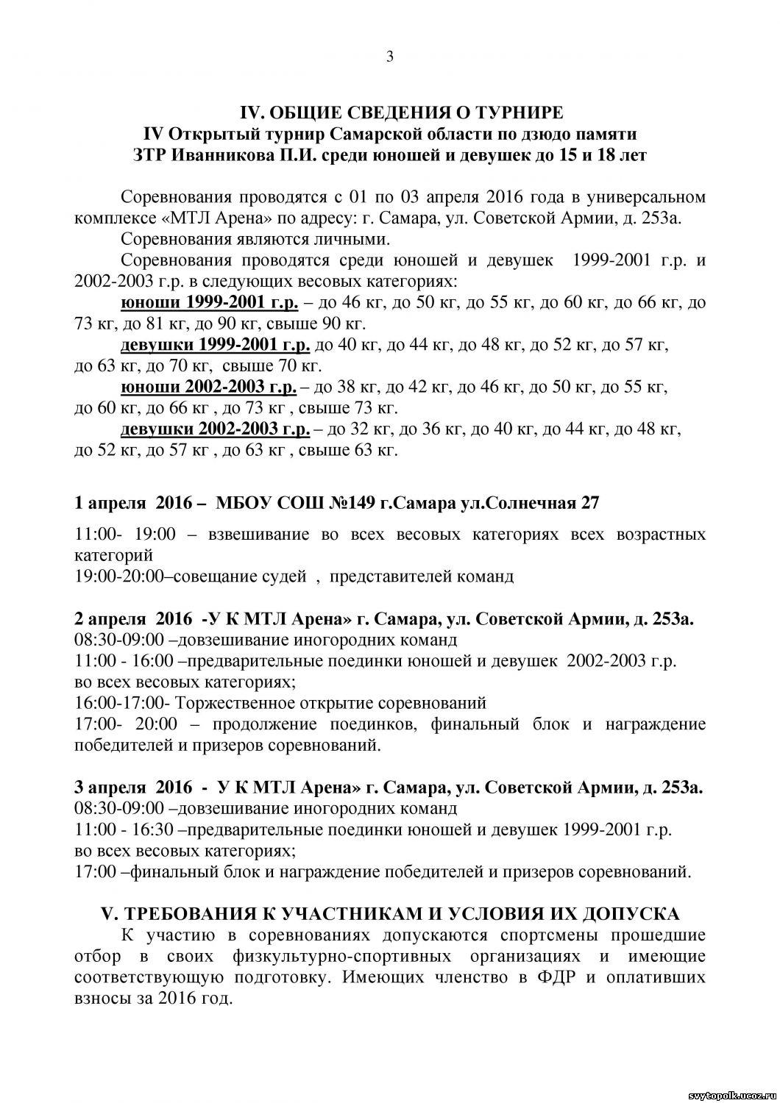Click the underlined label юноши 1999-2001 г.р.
(x=210, y=303)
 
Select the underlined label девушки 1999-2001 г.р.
(x=215, y=345)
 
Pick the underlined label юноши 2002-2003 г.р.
(x=208, y=387)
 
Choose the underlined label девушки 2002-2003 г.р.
(x=215, y=429)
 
